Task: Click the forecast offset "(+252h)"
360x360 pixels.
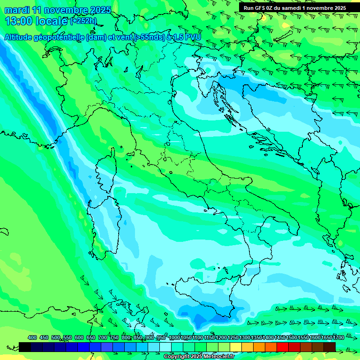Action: [x=83, y=21]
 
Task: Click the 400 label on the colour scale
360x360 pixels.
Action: [x=32, y=337]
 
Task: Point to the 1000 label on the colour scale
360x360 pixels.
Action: [x=174, y=337]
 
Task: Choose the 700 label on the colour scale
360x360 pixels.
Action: [x=102, y=337]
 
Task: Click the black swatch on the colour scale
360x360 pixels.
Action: [x=25, y=347]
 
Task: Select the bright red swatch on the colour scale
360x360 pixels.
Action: [x=283, y=347]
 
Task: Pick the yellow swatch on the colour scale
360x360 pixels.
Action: [x=236, y=347]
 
